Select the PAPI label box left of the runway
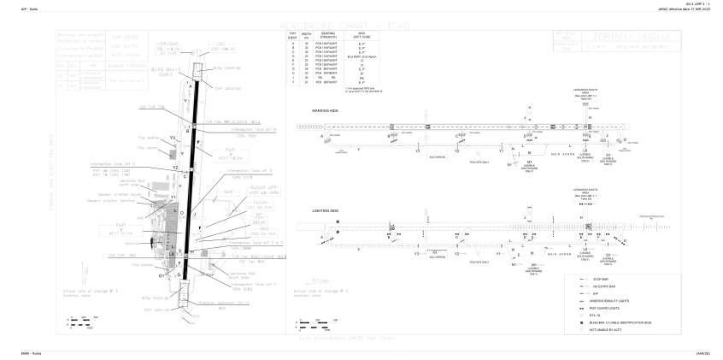123,227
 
